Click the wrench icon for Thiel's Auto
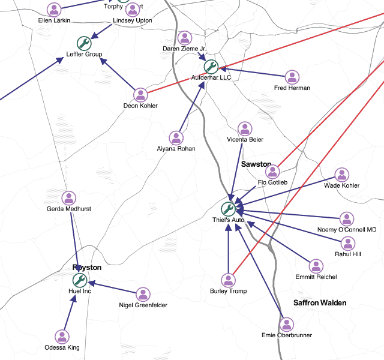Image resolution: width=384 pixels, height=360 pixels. pos(228,209)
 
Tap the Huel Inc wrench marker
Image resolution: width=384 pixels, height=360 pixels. pos(80,280)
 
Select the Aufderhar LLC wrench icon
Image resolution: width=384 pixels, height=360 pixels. pos(210,66)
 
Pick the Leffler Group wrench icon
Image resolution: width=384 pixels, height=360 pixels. pos(84,43)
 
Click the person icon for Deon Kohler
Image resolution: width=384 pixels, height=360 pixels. pos(140,94)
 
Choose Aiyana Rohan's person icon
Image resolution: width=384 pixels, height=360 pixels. pos(176,137)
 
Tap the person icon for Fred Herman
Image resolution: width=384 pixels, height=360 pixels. pos(292,77)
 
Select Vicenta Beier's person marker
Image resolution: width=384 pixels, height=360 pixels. pos(245,128)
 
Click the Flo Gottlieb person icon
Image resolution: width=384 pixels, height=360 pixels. pos(272,171)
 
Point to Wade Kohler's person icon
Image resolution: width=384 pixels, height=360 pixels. pos(341,175)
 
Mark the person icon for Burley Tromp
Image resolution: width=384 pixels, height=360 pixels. pos(228,280)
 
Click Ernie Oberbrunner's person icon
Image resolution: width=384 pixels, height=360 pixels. pos(287,325)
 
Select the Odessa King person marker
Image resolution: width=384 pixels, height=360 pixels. pos(62,337)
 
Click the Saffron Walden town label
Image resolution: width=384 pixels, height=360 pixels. pos(320,303)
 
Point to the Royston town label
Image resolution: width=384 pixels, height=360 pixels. pos(87,268)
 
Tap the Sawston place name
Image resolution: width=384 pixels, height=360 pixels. pos(256,164)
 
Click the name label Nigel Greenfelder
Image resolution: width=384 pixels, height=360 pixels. pos(143,305)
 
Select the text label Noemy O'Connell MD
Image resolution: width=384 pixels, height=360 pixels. pos(347,230)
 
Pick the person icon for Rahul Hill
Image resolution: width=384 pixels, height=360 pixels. pos(348,243)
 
